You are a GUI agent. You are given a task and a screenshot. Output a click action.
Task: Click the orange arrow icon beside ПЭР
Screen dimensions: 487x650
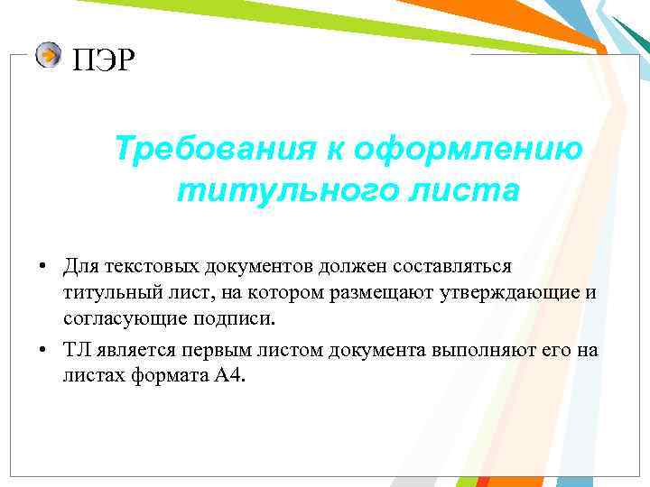point(49,56)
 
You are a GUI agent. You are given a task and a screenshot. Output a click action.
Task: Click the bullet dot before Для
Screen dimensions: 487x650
point(42,268)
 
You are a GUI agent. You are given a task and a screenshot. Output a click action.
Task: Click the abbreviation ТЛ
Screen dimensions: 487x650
point(76,350)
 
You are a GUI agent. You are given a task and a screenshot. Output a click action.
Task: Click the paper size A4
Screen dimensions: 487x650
point(228,376)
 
